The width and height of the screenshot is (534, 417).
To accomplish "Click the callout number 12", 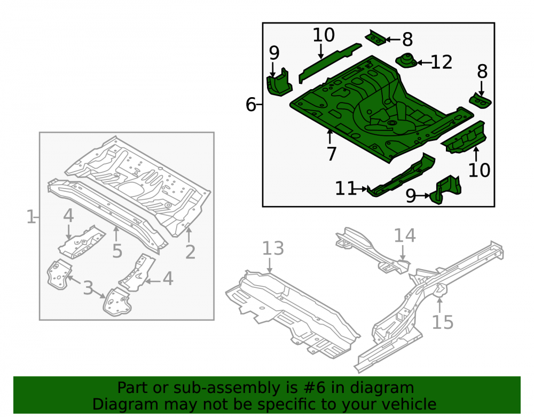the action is click(442, 62).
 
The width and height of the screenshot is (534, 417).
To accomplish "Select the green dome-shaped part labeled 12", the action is click(406, 60).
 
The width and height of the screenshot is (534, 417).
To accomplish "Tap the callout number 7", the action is click(332, 153).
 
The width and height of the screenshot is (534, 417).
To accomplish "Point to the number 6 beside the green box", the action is click(250, 104).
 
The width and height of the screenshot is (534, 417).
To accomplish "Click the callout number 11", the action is click(345, 188).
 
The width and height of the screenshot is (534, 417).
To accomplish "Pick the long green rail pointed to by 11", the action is click(401, 176).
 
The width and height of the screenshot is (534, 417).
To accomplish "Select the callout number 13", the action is click(273, 248).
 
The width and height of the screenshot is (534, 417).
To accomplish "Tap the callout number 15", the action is click(443, 322).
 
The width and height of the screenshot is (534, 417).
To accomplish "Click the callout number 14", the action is click(405, 235).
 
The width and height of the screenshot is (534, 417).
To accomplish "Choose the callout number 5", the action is click(117, 251).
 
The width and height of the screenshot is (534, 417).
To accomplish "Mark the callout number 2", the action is click(191, 252).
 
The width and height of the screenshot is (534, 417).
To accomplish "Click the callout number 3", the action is click(88, 288).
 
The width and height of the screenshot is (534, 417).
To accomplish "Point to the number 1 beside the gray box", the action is click(31, 217).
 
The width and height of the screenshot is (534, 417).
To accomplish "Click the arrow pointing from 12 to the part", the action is click(423, 62).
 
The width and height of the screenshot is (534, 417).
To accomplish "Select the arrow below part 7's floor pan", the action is click(329, 137).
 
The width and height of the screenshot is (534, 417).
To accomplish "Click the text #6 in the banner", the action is click(313, 388).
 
